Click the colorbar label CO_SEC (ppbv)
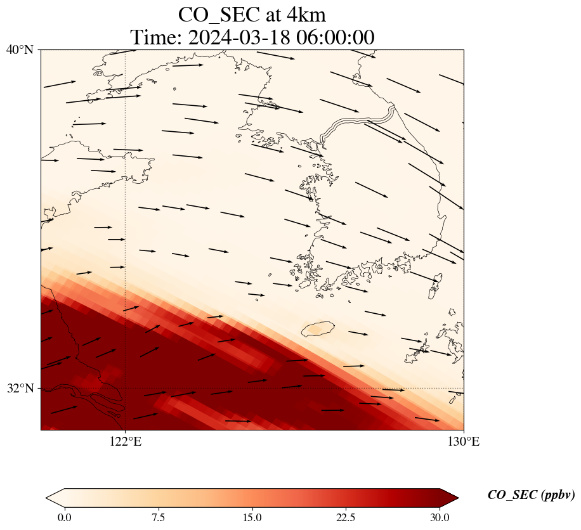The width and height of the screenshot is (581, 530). (x=531, y=495)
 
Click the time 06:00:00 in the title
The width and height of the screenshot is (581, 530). (x=332, y=37)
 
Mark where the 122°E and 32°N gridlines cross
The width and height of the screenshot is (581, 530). (x=126, y=388)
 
